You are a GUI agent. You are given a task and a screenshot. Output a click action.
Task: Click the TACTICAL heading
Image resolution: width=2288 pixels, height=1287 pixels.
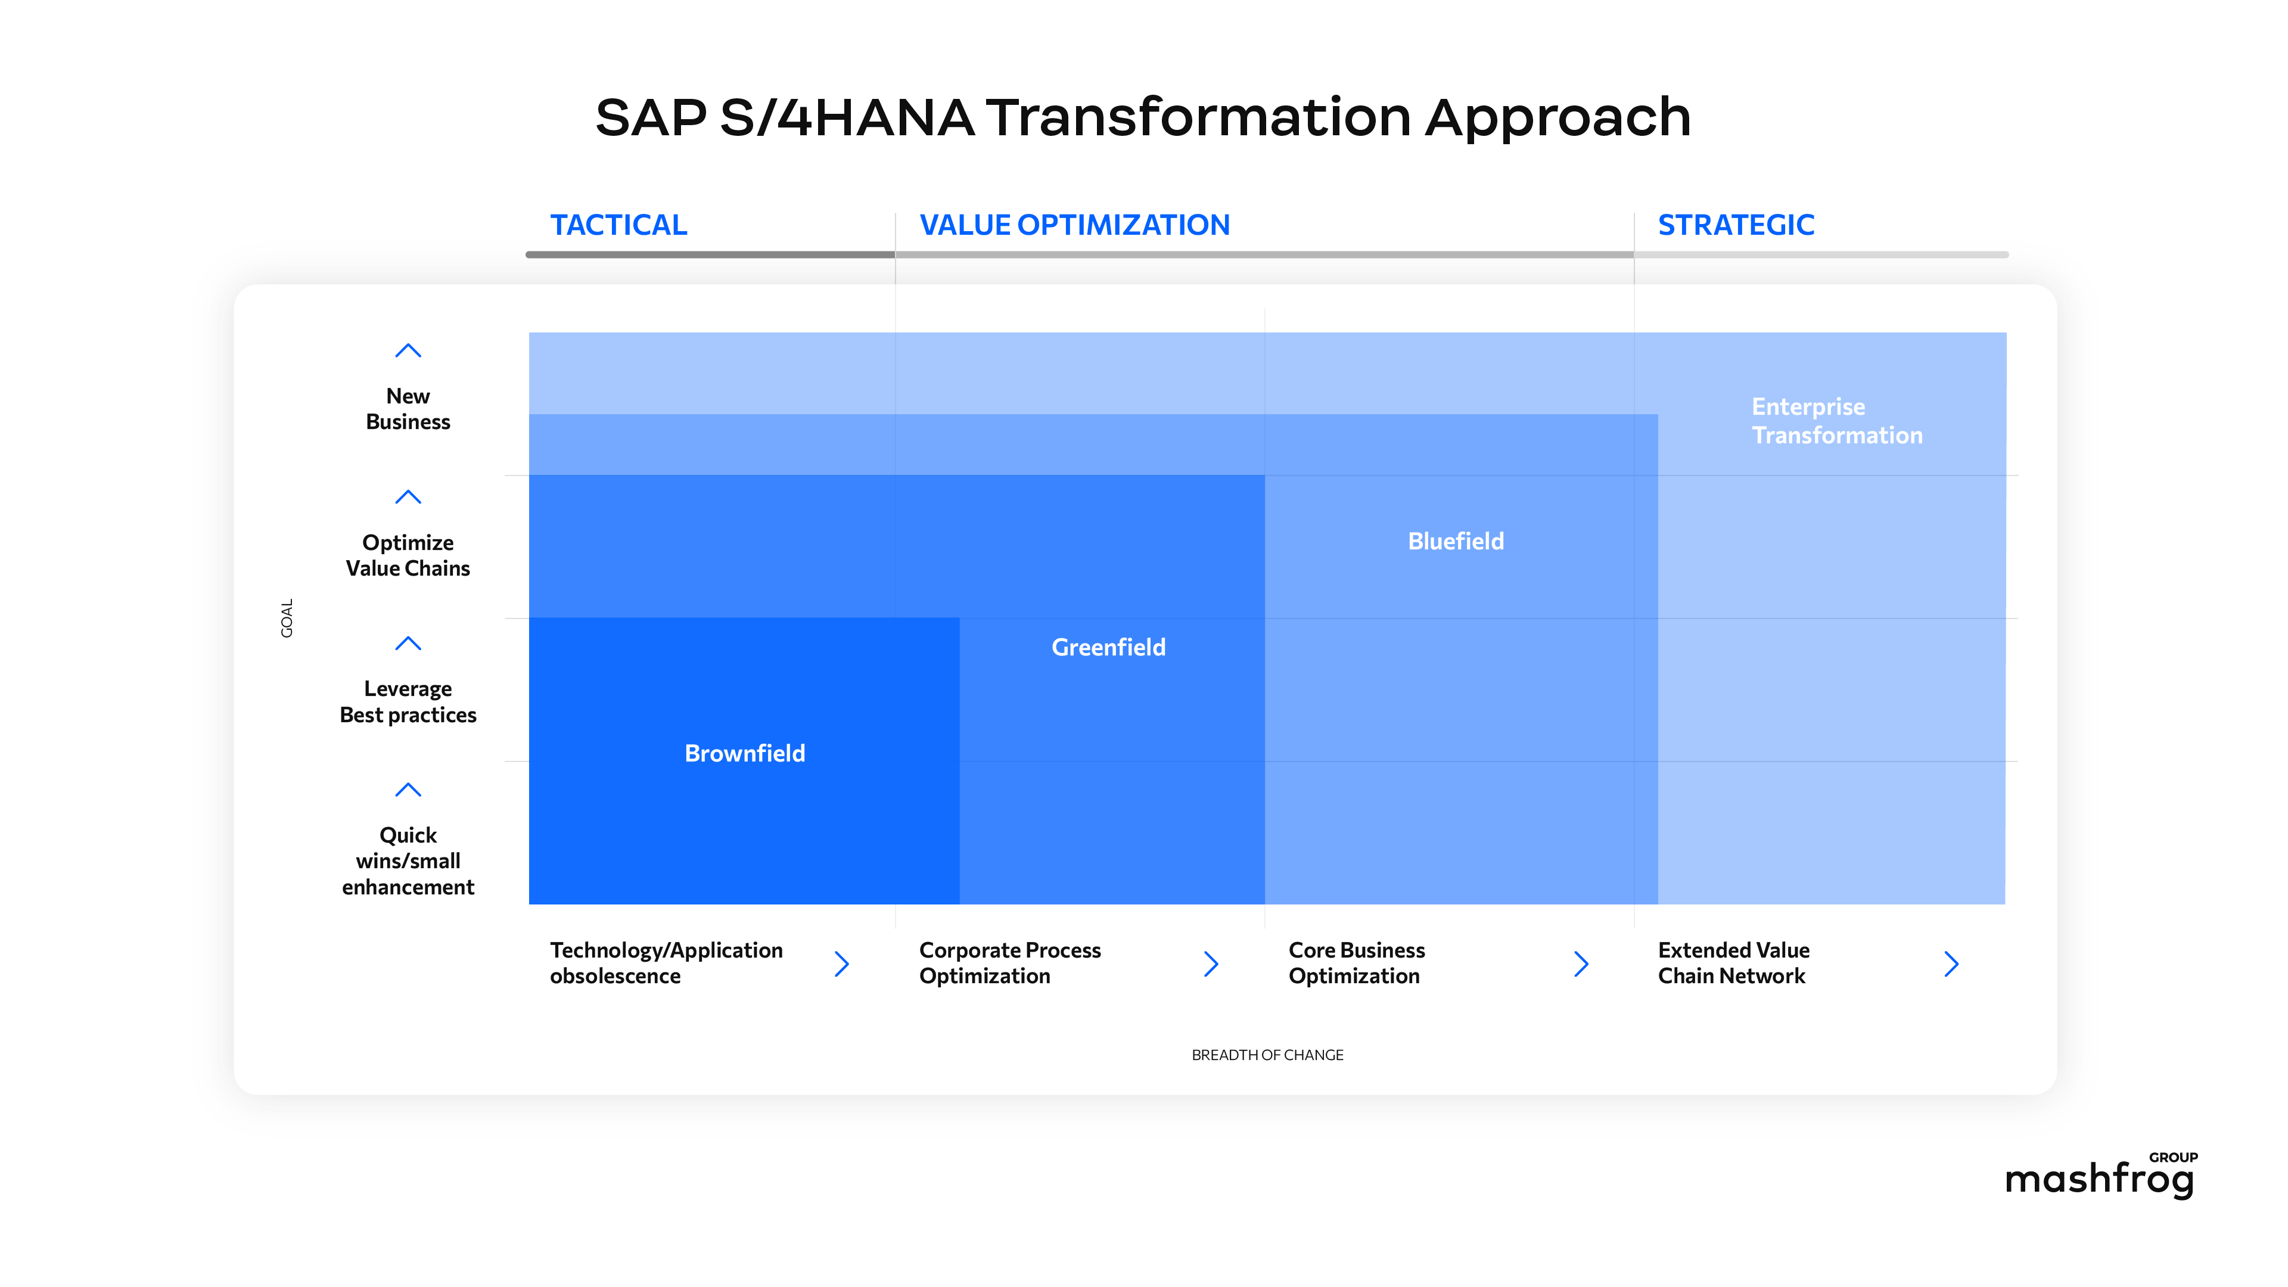[618, 225]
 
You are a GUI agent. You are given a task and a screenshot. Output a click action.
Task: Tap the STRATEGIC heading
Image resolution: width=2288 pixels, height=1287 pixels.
[1736, 225]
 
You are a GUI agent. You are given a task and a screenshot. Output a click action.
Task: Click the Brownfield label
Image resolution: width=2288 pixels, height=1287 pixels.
[744, 753]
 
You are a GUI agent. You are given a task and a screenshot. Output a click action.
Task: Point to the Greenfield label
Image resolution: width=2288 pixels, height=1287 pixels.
[1108, 648]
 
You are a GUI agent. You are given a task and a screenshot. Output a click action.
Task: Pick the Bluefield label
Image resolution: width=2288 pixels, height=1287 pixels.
[1455, 541]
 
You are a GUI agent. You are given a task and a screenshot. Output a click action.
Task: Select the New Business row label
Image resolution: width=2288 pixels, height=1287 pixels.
[408, 409]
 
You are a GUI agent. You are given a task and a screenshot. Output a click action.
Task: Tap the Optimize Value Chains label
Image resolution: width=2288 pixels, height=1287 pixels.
[408, 555]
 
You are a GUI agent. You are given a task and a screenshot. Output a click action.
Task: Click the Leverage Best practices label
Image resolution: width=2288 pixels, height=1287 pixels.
[408, 702]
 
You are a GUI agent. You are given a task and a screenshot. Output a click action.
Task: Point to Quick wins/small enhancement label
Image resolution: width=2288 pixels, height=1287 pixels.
[408, 860]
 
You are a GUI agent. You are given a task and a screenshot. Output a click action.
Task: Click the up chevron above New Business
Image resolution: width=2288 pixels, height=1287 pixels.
[408, 351]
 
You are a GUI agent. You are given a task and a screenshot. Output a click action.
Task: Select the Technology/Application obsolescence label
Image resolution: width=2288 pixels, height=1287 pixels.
[666, 963]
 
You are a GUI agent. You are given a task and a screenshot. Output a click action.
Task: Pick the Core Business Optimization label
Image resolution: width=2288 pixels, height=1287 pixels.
[1356, 963]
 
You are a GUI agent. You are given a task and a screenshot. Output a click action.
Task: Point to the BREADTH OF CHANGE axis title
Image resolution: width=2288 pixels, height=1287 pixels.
[1267, 1055]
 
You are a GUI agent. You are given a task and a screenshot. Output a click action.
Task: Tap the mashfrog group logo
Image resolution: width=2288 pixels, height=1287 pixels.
[2100, 1176]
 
